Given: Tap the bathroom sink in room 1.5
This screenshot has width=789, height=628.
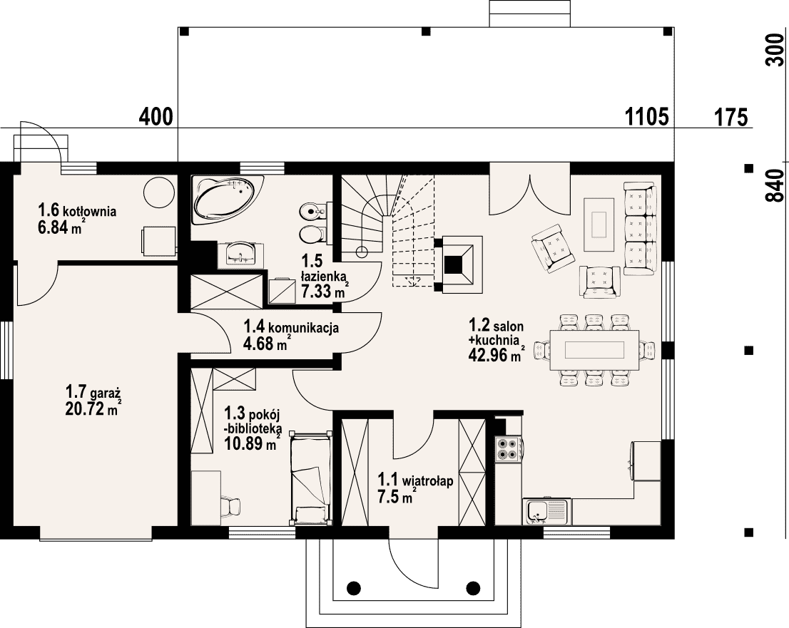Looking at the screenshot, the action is pyautogui.click(x=240, y=254).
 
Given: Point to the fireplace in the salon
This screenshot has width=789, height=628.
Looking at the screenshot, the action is pyautogui.click(x=459, y=264).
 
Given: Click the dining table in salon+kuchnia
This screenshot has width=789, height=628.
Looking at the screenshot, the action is pyautogui.click(x=594, y=349).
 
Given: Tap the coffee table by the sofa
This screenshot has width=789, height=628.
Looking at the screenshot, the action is pyautogui.click(x=599, y=225).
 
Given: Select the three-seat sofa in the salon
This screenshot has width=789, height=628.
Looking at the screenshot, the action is pyautogui.click(x=641, y=229).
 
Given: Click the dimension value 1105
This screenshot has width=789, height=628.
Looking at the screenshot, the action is pyautogui.click(x=646, y=117).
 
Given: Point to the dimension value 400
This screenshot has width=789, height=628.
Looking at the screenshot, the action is pyautogui.click(x=156, y=117).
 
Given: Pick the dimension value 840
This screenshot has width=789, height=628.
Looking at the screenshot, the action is pyautogui.click(x=775, y=186).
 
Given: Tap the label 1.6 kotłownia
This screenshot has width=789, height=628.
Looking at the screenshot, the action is pyautogui.click(x=77, y=210).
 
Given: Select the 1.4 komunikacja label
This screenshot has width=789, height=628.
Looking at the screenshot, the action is pyautogui.click(x=291, y=327).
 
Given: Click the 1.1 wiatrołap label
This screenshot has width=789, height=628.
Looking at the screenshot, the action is pyautogui.click(x=415, y=480).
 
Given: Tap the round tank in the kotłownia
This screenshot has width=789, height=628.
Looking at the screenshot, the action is pyautogui.click(x=159, y=192).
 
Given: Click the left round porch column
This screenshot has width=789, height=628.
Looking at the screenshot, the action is pyautogui.click(x=354, y=587).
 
